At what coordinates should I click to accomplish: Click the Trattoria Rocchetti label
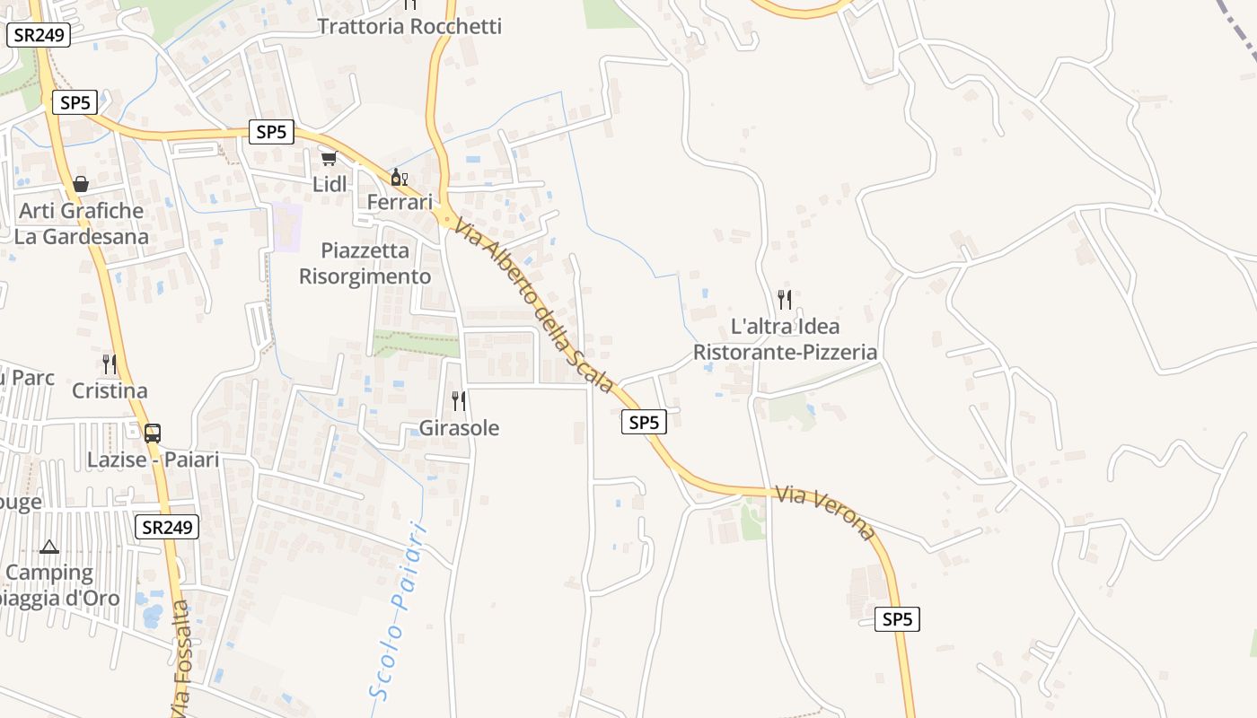pyautogui.click(x=409, y=27)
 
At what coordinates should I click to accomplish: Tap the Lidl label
pyautogui.click(x=330, y=184)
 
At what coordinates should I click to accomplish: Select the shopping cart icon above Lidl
pyautogui.click(x=329, y=159)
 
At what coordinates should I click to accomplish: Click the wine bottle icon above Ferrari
pyautogui.click(x=399, y=177)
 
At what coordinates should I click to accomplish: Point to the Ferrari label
pyautogui.click(x=400, y=202)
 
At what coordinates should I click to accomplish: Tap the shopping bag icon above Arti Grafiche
pyautogui.click(x=81, y=184)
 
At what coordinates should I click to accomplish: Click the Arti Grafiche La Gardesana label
pyautogui.click(x=81, y=223)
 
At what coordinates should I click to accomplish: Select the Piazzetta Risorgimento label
pyautogui.click(x=365, y=263)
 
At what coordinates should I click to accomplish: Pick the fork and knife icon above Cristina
pyautogui.click(x=110, y=363)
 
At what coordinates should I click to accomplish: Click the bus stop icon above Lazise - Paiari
pyautogui.click(x=153, y=433)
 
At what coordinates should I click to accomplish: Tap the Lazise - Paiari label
pyautogui.click(x=153, y=460)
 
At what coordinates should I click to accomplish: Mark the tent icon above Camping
pyautogui.click(x=49, y=546)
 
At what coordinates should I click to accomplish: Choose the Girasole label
pyautogui.click(x=459, y=428)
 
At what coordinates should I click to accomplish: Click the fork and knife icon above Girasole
pyautogui.click(x=459, y=400)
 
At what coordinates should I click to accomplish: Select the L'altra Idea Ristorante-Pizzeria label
pyautogui.click(x=785, y=338)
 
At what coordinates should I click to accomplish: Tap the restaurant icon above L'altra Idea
pyautogui.click(x=785, y=299)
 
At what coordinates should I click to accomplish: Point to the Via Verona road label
pyautogui.click(x=824, y=512)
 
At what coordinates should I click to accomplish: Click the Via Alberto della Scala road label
pyautogui.click(x=534, y=306)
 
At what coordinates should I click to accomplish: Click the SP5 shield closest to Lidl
pyautogui.click(x=270, y=132)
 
